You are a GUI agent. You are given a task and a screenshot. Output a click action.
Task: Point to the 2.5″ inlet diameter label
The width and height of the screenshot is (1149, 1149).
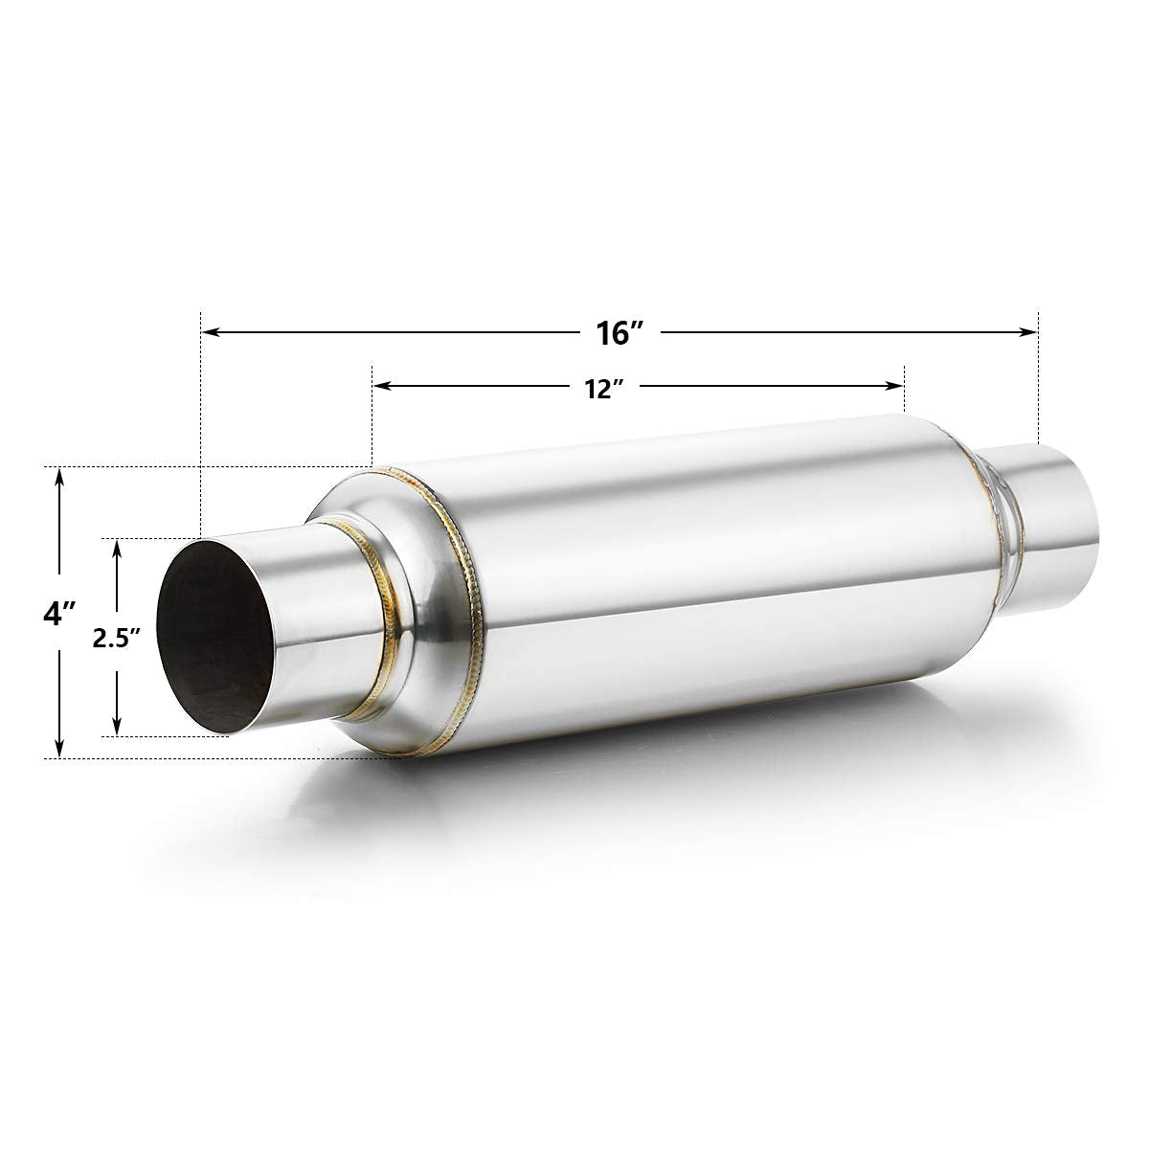pos(117,639)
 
